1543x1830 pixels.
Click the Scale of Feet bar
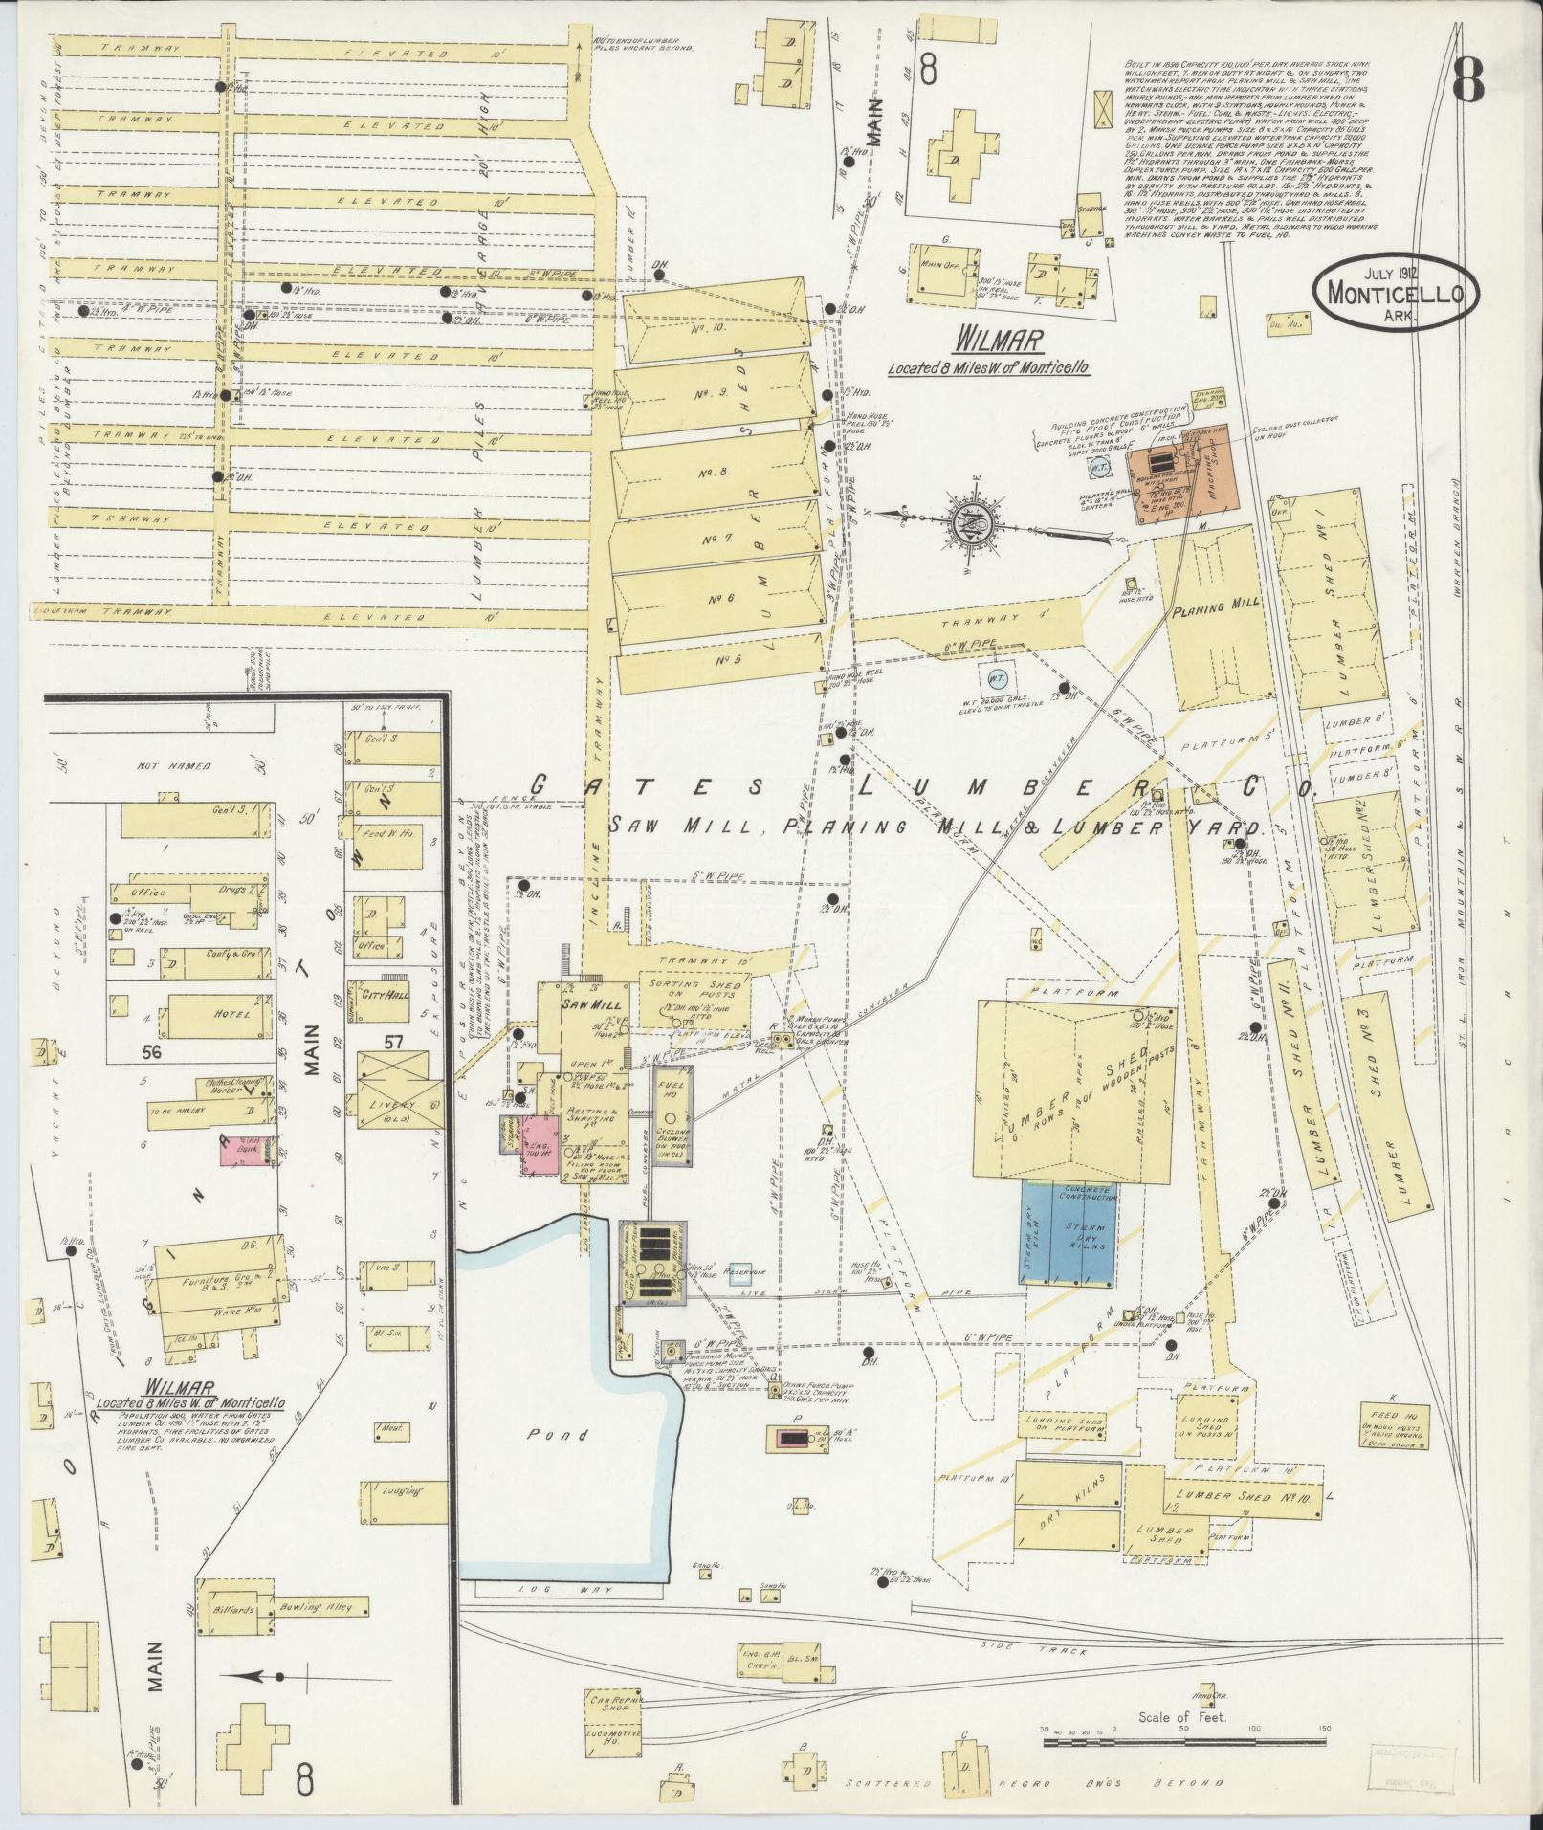(1184, 1742)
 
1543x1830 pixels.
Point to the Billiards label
(235, 1609)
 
